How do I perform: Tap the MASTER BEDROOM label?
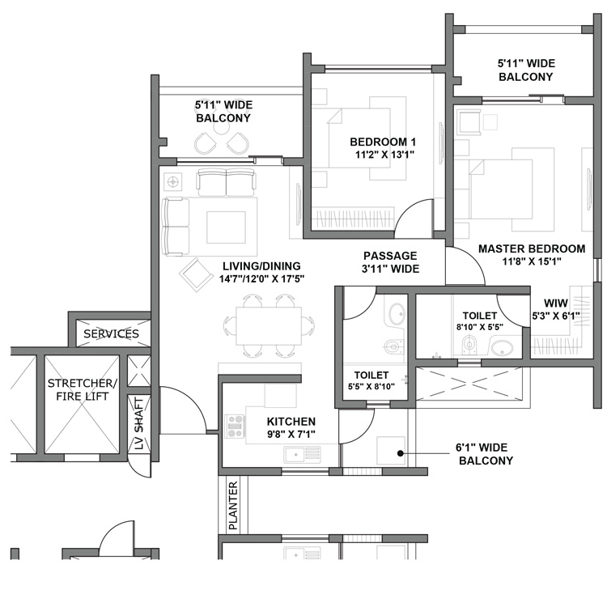click(531, 255)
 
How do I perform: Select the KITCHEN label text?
click(291, 428)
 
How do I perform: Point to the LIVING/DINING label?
click(260, 272)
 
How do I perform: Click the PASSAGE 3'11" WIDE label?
click(390, 262)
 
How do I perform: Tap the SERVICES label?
click(111, 333)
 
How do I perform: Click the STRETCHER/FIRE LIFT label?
click(82, 389)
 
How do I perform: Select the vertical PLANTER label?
click(233, 506)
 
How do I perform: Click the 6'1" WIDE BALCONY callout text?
click(486, 454)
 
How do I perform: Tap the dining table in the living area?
click(270, 326)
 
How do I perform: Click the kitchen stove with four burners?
click(236, 426)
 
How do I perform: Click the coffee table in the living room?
click(226, 227)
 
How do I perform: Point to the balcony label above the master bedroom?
click(525, 70)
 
